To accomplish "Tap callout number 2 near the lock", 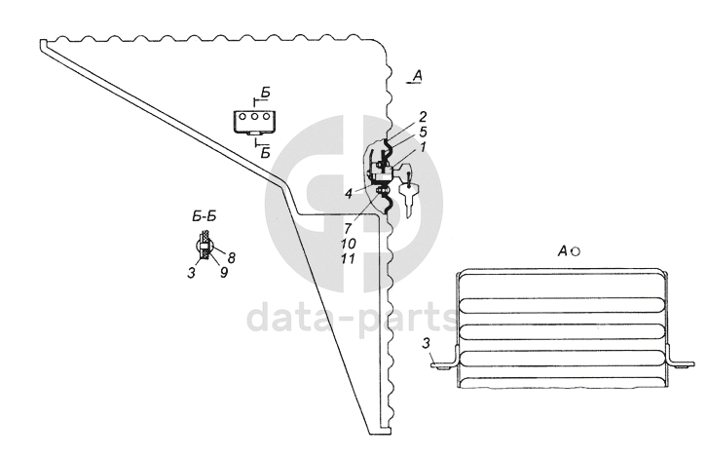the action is pyautogui.click(x=422, y=116).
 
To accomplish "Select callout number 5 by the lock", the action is pyautogui.click(x=422, y=130).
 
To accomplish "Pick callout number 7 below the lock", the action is pyautogui.click(x=348, y=226).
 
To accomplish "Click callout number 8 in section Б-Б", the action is pyautogui.click(x=232, y=257).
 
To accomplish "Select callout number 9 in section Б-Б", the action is pyautogui.click(x=223, y=274).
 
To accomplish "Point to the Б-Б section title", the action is pyautogui.click(x=204, y=213).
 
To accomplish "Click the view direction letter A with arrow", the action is pyautogui.click(x=416, y=76).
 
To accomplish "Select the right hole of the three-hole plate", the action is pyautogui.click(x=266, y=117).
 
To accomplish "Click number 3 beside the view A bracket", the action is pyautogui.click(x=427, y=342).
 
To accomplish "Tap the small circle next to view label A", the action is pyautogui.click(x=576, y=251).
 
